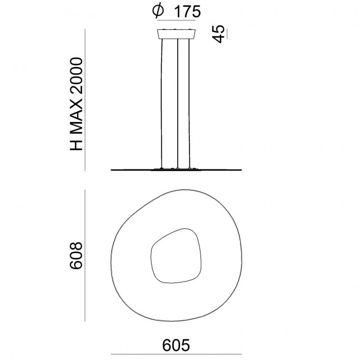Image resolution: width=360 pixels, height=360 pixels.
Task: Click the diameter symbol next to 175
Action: tap(157, 11)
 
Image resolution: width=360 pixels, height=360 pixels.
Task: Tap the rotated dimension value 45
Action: tap(218, 34)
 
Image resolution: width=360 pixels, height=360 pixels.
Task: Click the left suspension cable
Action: tap(162, 102)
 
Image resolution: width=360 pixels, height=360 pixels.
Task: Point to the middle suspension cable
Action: tap(177, 102)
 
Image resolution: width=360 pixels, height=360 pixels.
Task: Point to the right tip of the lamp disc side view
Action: tap(242, 169)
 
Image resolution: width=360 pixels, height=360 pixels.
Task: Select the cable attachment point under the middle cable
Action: tap(177, 167)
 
